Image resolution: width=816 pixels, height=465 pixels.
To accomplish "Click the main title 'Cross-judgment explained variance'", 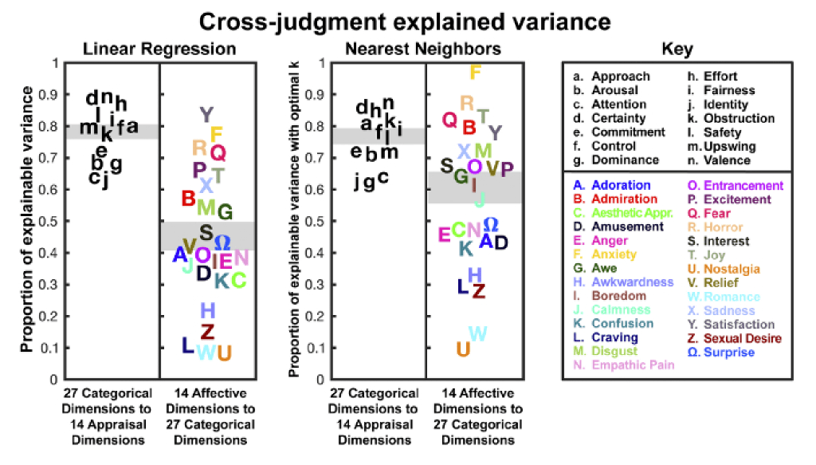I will [407, 20].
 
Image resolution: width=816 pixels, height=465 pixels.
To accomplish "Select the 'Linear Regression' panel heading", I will [159, 49].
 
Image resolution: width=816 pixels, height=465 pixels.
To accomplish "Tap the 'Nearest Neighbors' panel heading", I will [423, 49].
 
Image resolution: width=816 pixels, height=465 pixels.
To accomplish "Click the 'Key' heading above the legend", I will [677, 49].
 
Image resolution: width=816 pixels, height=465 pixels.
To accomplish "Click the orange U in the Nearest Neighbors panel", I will [462, 349].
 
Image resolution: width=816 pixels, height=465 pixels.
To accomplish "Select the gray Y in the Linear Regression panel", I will [206, 115].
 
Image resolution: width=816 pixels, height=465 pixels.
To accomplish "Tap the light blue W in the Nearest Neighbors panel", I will [478, 334].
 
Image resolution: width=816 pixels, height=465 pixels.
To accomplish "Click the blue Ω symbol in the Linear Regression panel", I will [223, 240].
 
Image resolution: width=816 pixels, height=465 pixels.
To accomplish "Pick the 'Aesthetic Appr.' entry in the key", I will [627, 213].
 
